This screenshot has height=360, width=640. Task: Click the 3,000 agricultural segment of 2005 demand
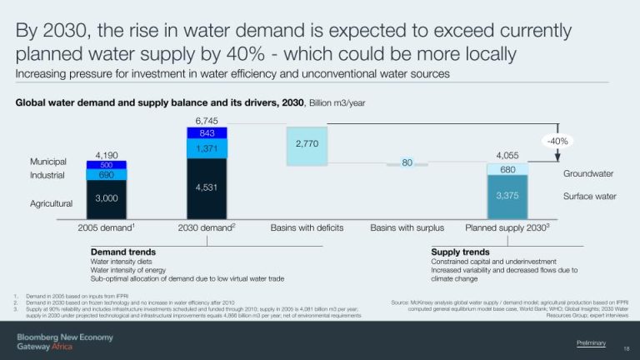106,198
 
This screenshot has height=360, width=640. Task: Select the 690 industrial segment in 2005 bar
106,175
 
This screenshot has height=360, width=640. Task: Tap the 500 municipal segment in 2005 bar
106,165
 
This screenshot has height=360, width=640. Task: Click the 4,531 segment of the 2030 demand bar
207,187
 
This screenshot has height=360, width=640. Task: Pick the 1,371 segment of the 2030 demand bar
207,148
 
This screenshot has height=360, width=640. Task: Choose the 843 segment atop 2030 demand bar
207,132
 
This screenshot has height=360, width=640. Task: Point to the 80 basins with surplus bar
407,163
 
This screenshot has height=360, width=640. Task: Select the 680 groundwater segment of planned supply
507,169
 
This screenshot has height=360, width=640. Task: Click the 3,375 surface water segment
507,196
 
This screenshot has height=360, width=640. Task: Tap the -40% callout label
556,142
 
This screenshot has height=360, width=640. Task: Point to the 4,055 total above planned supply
507,155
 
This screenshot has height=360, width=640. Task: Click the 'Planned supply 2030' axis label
507,227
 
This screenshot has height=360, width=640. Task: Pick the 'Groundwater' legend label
588,173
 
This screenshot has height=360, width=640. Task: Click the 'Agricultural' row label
52,203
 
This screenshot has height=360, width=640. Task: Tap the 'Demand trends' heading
122,251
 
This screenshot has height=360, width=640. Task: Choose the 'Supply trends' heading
460,251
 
